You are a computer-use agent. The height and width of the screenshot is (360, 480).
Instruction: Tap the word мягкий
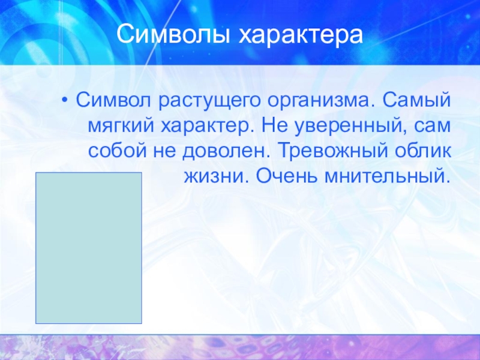[x=121, y=125]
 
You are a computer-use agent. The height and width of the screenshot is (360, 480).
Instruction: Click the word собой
[x=117, y=151]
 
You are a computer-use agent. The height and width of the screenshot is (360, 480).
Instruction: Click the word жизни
[x=216, y=176]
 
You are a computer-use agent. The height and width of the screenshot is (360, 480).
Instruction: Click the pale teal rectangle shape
[x=89, y=248]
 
